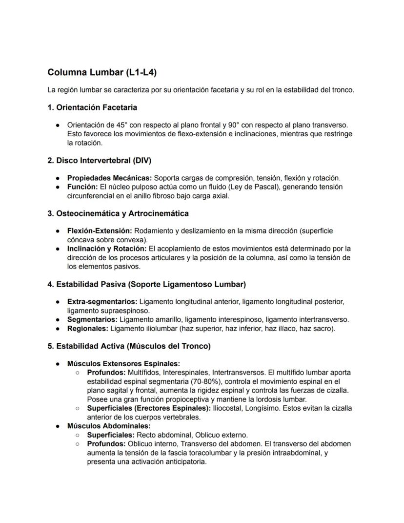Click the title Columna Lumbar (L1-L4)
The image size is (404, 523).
click(x=102, y=73)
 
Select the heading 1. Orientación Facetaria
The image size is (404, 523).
click(x=92, y=107)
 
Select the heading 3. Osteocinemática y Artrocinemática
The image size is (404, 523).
click(x=118, y=213)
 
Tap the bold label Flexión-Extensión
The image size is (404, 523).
click(x=100, y=230)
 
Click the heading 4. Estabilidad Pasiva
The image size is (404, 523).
click(x=146, y=284)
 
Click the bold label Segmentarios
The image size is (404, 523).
click(x=92, y=319)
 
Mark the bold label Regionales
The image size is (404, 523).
click(x=88, y=329)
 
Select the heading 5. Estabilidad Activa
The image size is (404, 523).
click(x=129, y=346)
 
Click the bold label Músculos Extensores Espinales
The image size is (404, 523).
click(x=123, y=364)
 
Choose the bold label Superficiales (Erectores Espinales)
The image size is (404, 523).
click(x=149, y=408)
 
